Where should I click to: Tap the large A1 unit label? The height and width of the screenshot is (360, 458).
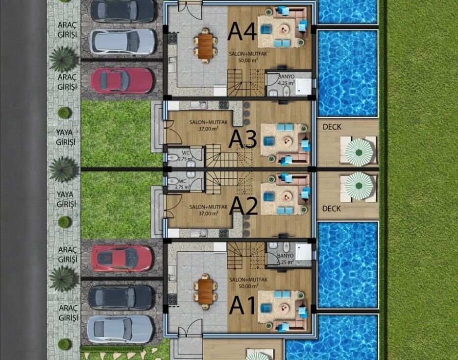pyautogui.click(x=242, y=306)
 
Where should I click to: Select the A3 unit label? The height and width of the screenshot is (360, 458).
pyautogui.click(x=242, y=139)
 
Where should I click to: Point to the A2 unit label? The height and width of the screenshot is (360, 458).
pyautogui.click(x=243, y=206)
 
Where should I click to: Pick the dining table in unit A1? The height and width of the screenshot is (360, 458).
pyautogui.click(x=206, y=291)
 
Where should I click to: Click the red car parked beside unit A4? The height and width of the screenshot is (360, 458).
pyautogui.click(x=121, y=81)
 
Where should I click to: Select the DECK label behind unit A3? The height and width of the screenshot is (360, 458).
pyautogui.click(x=332, y=127)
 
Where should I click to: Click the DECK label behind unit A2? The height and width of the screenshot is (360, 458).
pyautogui.click(x=332, y=209)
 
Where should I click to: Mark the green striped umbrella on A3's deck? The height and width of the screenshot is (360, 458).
pyautogui.click(x=359, y=152)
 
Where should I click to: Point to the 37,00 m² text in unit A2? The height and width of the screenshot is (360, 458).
pyautogui.click(x=209, y=214)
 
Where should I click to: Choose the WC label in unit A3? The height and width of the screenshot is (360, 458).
pyautogui.click(x=186, y=153)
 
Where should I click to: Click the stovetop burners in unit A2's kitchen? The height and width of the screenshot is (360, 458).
pyautogui.click(x=224, y=233)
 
